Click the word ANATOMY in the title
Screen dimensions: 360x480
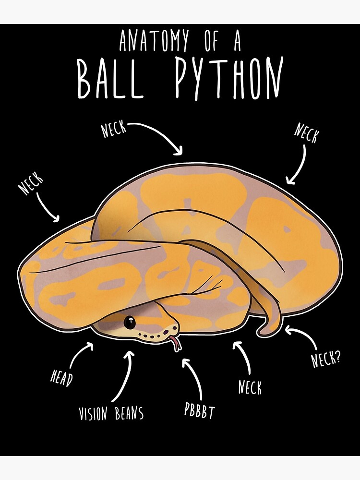pyautogui.click(x=154, y=40)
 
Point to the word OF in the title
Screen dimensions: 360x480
pyautogui.click(x=212, y=40)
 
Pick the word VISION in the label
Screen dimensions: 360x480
pyautogui.click(x=94, y=414)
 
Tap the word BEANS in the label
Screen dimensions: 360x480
pyautogui.click(x=129, y=413)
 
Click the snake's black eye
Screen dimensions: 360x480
pyautogui.click(x=130, y=322)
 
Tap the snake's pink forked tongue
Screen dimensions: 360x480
pyautogui.click(x=176, y=344)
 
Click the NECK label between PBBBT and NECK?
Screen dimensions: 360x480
pyautogui.click(x=250, y=387)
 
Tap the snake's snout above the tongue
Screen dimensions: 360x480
pyautogui.click(x=170, y=327)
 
